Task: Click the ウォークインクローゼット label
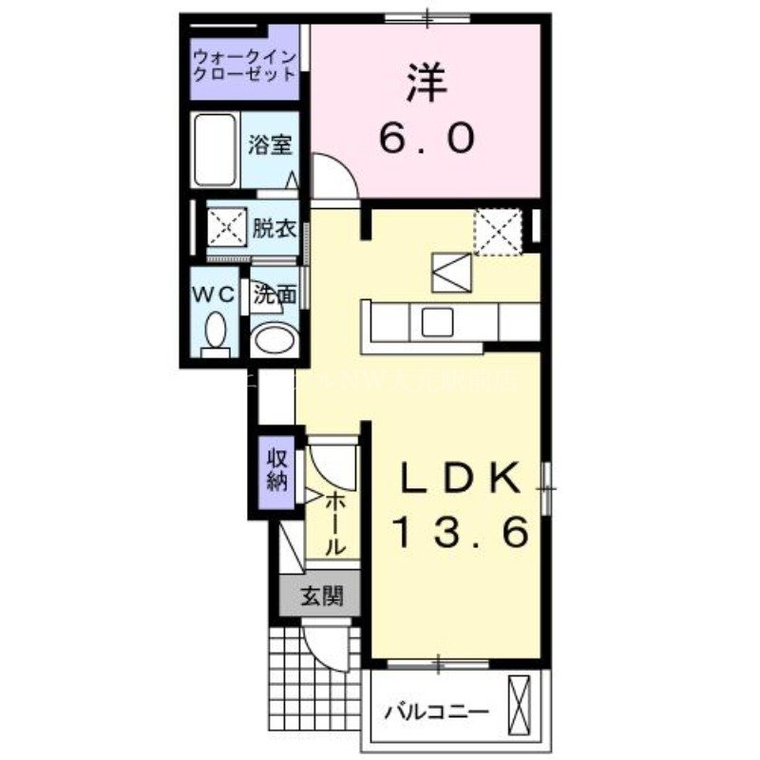[x=244, y=66]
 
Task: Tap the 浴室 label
[x=270, y=145]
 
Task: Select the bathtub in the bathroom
[x=215, y=150]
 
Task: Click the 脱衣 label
[x=274, y=228]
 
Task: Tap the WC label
[x=215, y=294]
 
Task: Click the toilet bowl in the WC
[x=216, y=333]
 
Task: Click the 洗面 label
[x=274, y=295]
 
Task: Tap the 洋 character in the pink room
[x=427, y=84]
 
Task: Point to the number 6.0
[x=427, y=140]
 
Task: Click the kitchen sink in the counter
[x=438, y=321]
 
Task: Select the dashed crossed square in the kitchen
[x=496, y=231]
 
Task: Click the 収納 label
[x=276, y=468]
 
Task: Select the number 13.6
[x=460, y=535]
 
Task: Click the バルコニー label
[x=436, y=712]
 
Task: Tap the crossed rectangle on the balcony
[x=520, y=700]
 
